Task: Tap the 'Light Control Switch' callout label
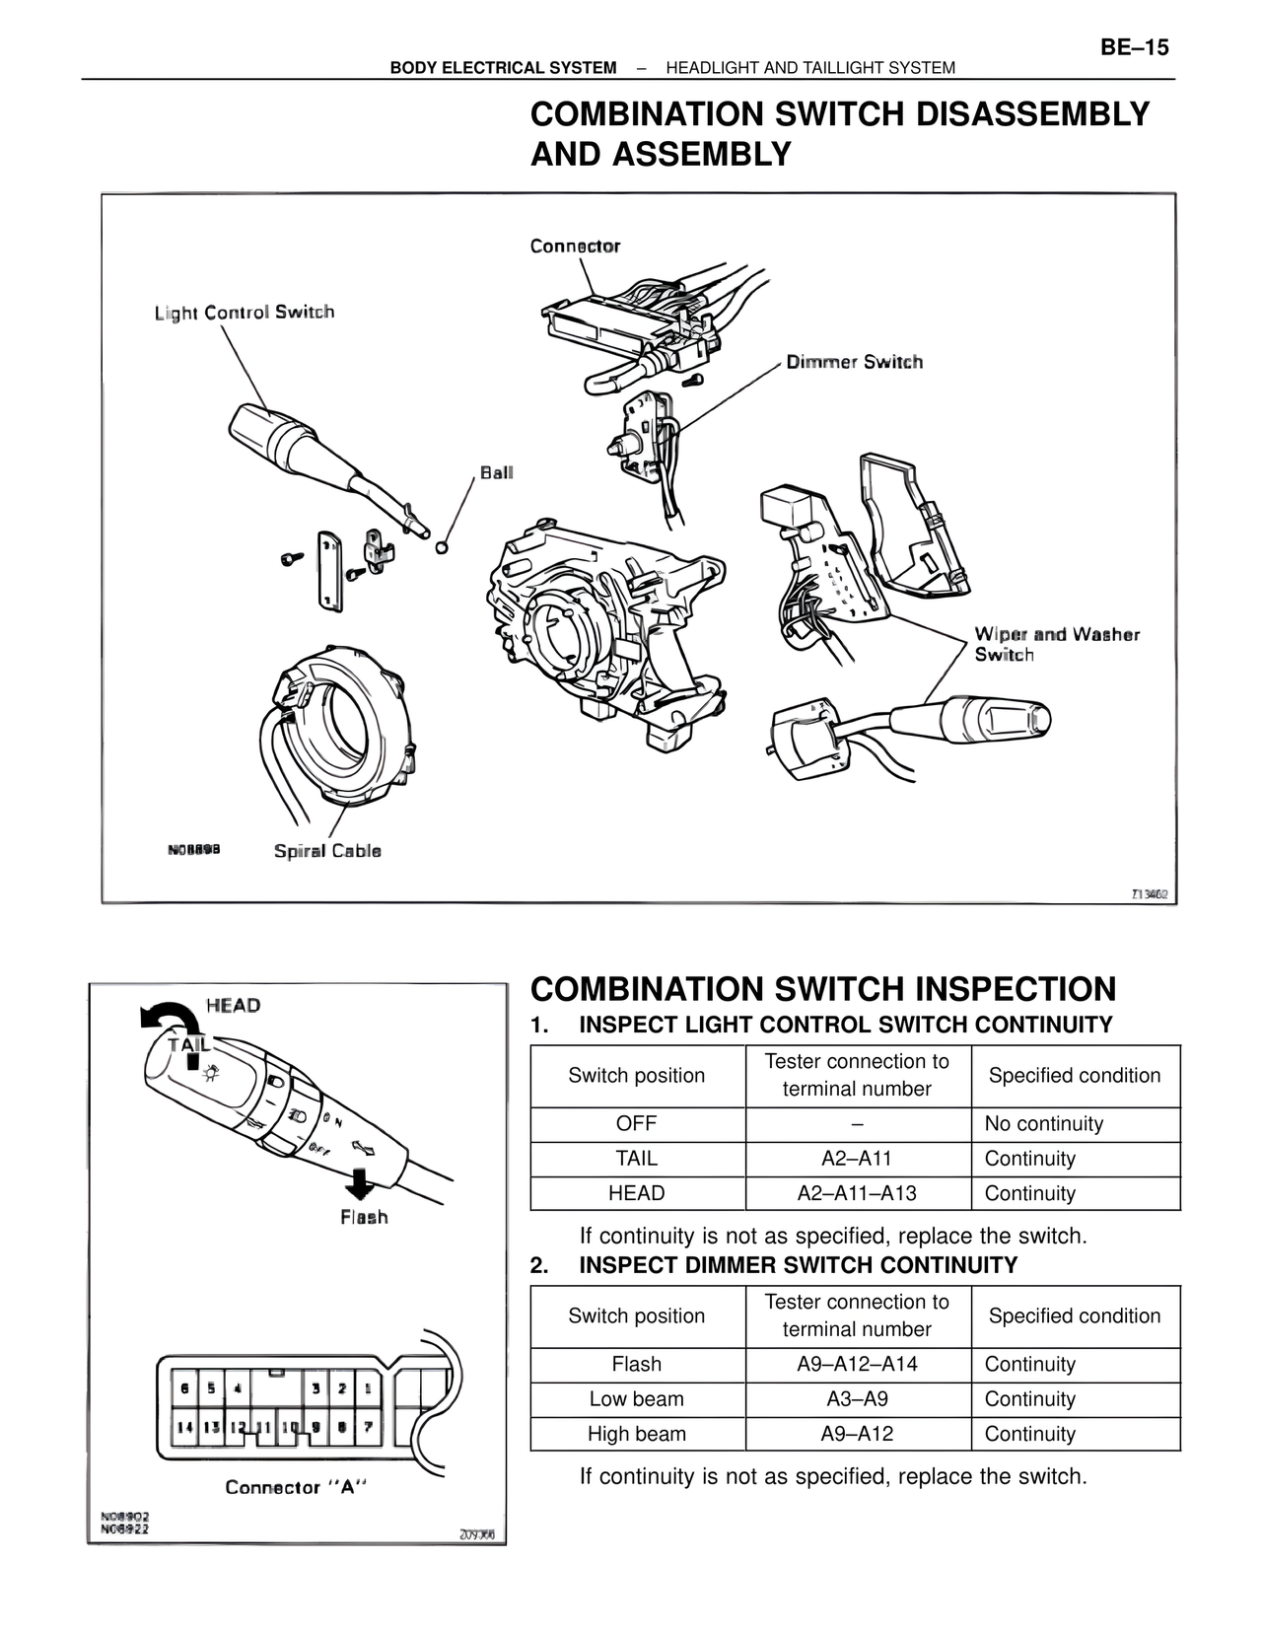click(245, 313)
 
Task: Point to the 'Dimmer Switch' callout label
click(854, 362)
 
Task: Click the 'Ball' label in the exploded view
click(497, 472)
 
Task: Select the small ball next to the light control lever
click(442, 546)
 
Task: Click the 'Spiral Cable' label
click(327, 851)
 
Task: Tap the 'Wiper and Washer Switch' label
click(1056, 644)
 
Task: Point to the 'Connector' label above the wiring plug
click(575, 246)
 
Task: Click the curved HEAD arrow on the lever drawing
click(168, 1018)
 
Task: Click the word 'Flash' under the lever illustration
click(364, 1218)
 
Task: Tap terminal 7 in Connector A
click(367, 1426)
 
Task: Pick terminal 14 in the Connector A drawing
click(184, 1426)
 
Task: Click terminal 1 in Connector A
click(367, 1388)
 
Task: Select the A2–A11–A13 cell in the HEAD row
click(857, 1193)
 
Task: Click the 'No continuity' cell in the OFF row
click(1043, 1124)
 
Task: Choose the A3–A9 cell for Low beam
click(857, 1399)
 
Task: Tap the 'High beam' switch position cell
click(637, 1434)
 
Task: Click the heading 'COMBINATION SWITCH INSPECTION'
click(823, 989)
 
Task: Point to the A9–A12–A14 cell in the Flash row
click(857, 1365)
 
